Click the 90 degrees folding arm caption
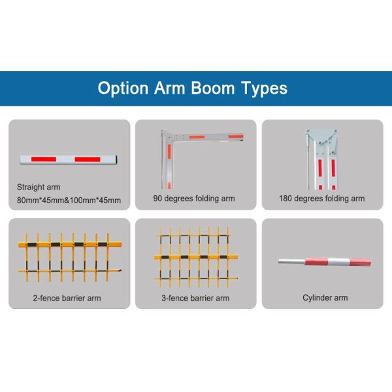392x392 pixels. pyautogui.click(x=194, y=198)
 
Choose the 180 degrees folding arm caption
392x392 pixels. pyautogui.click(x=321, y=198)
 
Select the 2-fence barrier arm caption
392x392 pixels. pyautogui.click(x=67, y=298)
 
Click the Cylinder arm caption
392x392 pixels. pyautogui.click(x=325, y=298)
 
